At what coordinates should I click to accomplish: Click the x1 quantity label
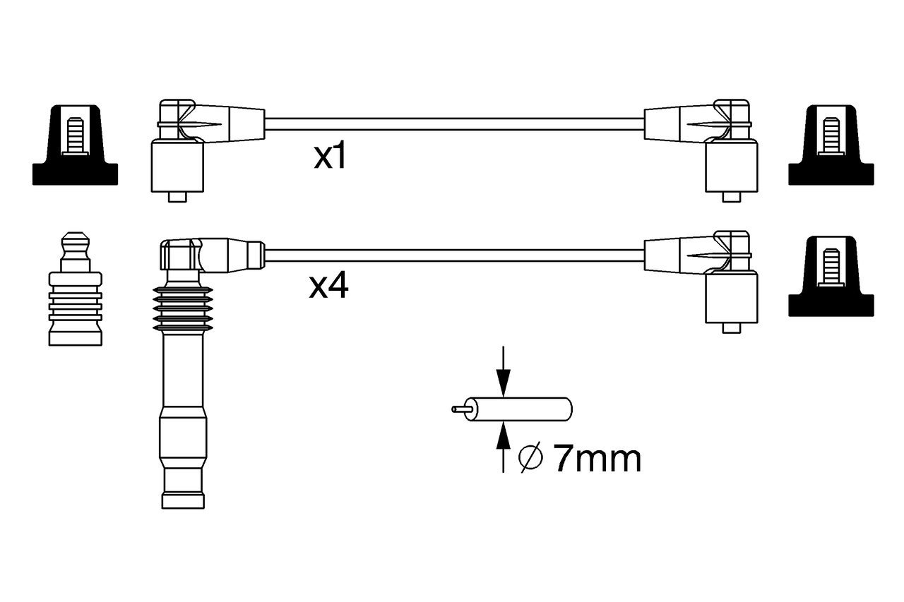point(331,157)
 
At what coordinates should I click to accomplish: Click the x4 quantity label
point(328,286)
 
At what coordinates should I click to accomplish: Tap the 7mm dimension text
point(597,459)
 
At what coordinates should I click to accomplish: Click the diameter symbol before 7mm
point(530,459)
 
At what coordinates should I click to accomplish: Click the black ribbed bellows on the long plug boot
point(182,310)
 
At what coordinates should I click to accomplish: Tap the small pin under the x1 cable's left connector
point(178,197)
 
